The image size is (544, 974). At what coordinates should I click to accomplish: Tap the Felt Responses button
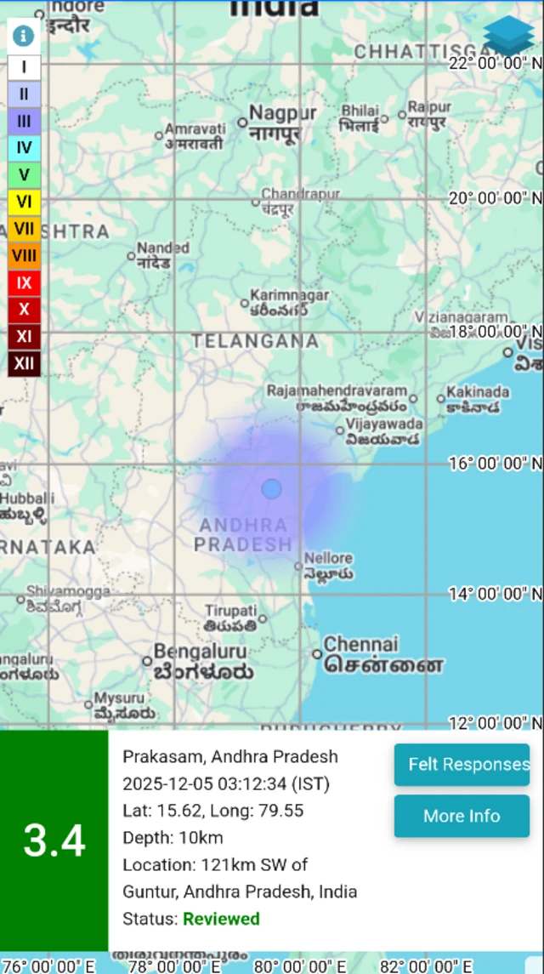[x=462, y=764]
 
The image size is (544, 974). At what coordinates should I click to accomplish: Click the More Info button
[x=462, y=816]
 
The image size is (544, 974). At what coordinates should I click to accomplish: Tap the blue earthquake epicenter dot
[x=271, y=489]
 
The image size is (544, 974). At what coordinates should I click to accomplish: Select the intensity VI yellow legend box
[x=24, y=202]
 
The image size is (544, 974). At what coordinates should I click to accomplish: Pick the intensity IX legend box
[x=24, y=282]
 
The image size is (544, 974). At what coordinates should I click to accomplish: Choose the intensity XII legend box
[x=24, y=363]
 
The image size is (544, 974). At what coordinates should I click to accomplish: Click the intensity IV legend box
[x=24, y=148]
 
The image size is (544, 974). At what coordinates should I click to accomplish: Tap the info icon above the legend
[x=23, y=36]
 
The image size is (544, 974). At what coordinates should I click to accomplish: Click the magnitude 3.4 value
[x=54, y=840]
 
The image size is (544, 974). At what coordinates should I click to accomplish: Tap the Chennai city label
[x=360, y=644]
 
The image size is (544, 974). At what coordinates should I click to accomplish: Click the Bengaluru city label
[x=200, y=653]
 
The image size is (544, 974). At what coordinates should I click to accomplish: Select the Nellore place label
[x=328, y=558]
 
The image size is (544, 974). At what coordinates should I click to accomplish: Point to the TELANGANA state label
[x=255, y=341]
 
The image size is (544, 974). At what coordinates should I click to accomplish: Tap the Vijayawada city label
[x=384, y=424]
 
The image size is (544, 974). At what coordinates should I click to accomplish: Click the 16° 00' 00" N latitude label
[x=495, y=464]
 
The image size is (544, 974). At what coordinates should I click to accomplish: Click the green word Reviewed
[x=221, y=919]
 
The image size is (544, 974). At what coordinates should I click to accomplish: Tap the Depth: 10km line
[x=173, y=838]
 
